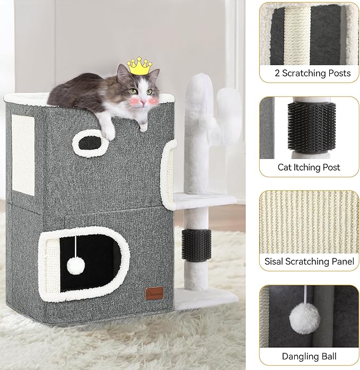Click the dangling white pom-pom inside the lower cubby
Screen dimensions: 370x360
(x=75, y=265)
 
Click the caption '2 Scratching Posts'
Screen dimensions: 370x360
(x=309, y=73)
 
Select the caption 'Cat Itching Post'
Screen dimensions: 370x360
(x=309, y=167)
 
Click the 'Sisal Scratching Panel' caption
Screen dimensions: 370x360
(x=309, y=261)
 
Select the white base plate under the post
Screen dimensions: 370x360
(x=204, y=298)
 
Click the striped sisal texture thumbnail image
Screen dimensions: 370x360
(x=309, y=221)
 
